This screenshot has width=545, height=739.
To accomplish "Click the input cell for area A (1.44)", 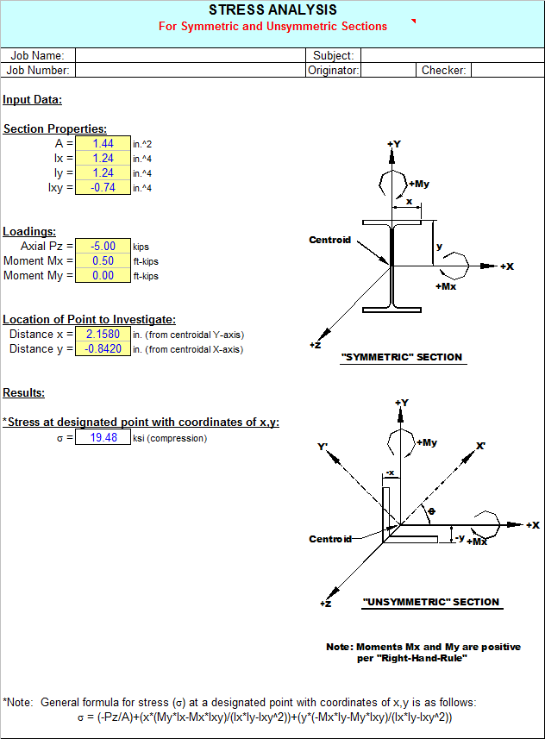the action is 103,143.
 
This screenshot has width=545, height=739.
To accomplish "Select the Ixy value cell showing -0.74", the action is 103,187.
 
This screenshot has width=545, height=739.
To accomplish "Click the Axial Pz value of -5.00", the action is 103,246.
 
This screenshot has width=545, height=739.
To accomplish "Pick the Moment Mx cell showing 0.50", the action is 103,260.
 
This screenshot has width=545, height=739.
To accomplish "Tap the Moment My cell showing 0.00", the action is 103,275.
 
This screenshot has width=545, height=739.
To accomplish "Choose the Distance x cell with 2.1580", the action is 103,335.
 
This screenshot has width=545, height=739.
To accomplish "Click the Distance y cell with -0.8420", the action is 103,348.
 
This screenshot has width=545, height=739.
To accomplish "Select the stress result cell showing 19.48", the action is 103,437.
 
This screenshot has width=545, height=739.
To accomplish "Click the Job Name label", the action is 37,55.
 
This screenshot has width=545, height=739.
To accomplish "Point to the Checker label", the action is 443,70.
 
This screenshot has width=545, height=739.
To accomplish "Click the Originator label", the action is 334,70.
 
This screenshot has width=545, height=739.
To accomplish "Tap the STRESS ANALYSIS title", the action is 273,9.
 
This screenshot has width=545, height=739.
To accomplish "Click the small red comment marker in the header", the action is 413,21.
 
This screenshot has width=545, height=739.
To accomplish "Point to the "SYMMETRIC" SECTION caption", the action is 402,357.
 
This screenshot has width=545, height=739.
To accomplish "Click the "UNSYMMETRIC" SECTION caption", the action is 431,602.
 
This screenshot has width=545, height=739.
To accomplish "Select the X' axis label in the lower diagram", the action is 480,445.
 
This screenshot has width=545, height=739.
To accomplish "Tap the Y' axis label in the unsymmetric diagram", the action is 323,447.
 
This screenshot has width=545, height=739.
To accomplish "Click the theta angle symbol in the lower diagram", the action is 431,511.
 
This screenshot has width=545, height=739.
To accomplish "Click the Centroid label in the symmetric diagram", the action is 330,240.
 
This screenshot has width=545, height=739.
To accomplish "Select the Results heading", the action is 23,392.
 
